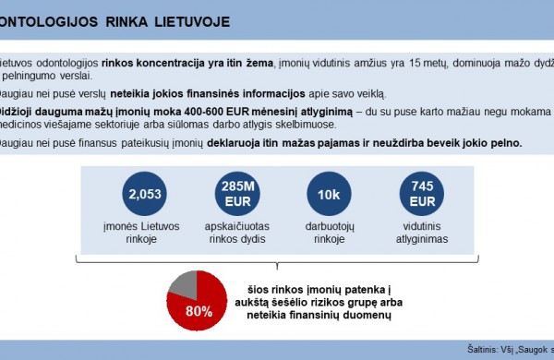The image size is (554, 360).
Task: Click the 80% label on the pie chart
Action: pos(198,311)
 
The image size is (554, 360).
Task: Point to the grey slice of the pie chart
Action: pos(184,283)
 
